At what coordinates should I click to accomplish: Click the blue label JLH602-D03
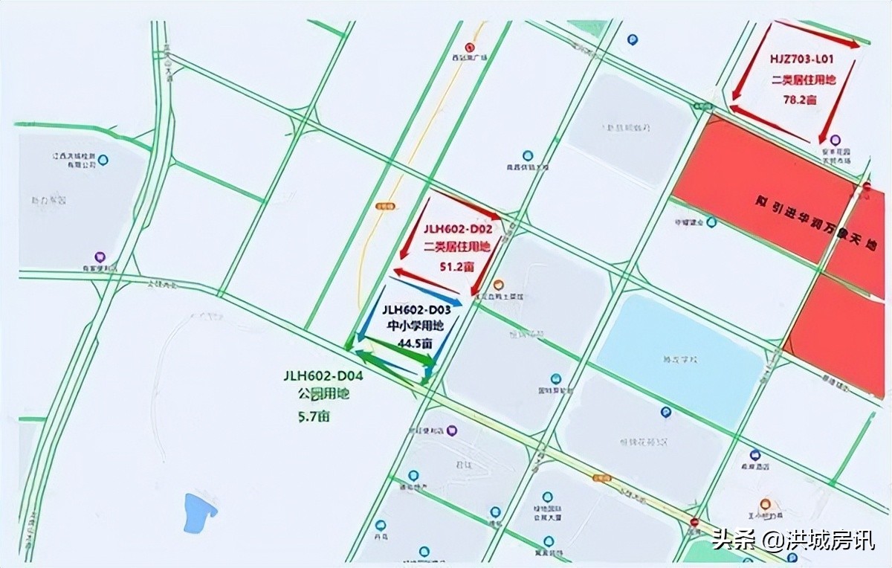click(x=416, y=309)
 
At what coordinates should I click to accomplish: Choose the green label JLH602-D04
click(x=323, y=376)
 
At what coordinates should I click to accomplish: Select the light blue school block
click(x=680, y=351)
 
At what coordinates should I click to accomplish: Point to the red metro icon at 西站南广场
click(x=469, y=46)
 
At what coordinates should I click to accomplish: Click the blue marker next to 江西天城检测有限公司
click(x=103, y=159)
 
